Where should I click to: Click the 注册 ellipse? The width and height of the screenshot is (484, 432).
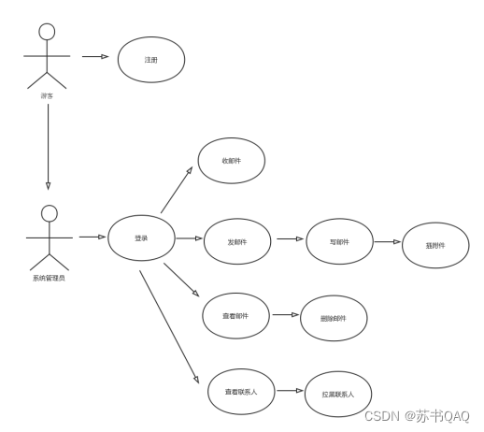click(x=151, y=60)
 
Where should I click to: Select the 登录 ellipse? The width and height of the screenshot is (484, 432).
click(x=141, y=238)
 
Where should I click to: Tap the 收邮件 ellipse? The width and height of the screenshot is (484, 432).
click(x=231, y=162)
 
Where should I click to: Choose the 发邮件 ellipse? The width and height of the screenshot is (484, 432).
click(x=237, y=240)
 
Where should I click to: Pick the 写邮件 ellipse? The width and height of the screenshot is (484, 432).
click(x=339, y=241)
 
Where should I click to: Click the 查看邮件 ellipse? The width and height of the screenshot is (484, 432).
click(x=235, y=315)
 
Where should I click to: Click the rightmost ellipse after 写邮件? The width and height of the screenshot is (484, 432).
click(x=435, y=246)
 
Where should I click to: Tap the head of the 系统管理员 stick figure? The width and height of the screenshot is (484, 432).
click(x=48, y=214)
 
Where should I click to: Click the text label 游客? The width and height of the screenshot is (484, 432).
click(x=47, y=94)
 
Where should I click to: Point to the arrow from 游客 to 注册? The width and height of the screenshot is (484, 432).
click(x=96, y=56)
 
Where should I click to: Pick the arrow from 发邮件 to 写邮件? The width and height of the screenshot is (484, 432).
click(x=289, y=239)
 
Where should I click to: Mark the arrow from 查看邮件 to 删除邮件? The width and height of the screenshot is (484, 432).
click(x=284, y=315)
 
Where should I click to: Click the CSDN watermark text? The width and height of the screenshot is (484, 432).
click(x=416, y=415)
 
